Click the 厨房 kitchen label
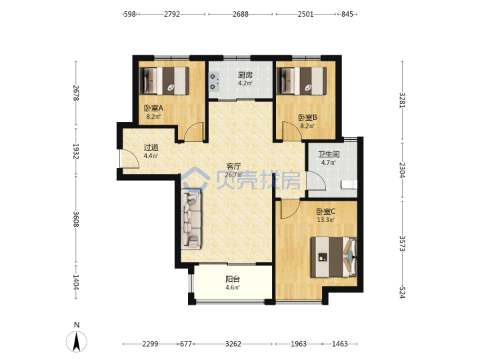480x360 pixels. (x=245, y=75)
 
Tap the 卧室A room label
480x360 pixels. (x=154, y=108)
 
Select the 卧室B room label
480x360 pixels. (x=307, y=117)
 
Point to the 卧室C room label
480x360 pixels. (x=326, y=211)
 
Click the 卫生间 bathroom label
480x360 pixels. (x=329, y=155)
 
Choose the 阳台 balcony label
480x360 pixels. (x=233, y=279)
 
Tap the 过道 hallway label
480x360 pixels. (x=151, y=147)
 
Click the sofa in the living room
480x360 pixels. (x=191, y=219)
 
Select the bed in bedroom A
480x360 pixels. (x=164, y=81)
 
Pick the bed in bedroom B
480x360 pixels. (x=301, y=81)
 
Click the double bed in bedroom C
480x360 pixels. (x=334, y=257)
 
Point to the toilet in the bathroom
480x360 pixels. (x=349, y=185)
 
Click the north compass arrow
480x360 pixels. (x=77, y=341)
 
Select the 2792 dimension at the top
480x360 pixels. (x=172, y=14)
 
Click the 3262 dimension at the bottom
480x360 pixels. (x=233, y=344)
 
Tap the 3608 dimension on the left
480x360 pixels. (x=76, y=219)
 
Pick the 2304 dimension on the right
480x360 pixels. (x=402, y=170)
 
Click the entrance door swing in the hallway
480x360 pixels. (x=130, y=159)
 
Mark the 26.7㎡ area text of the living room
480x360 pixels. (x=233, y=175)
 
